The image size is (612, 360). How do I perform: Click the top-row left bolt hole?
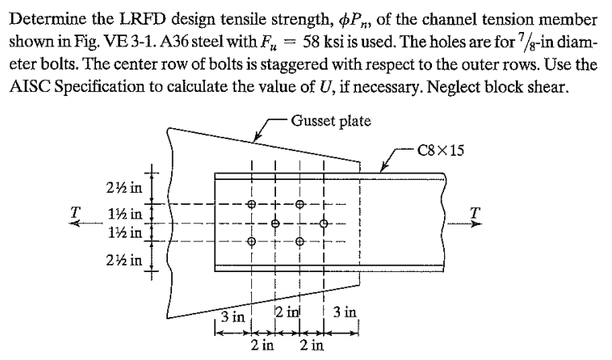pos(251,203)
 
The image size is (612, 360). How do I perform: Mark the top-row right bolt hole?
pos(299,203)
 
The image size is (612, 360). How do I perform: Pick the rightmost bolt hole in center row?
pos(323,222)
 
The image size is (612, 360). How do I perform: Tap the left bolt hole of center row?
pos(275,222)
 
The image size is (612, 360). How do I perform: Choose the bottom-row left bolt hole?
pos(251,242)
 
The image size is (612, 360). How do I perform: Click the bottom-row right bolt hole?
pos(299,242)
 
